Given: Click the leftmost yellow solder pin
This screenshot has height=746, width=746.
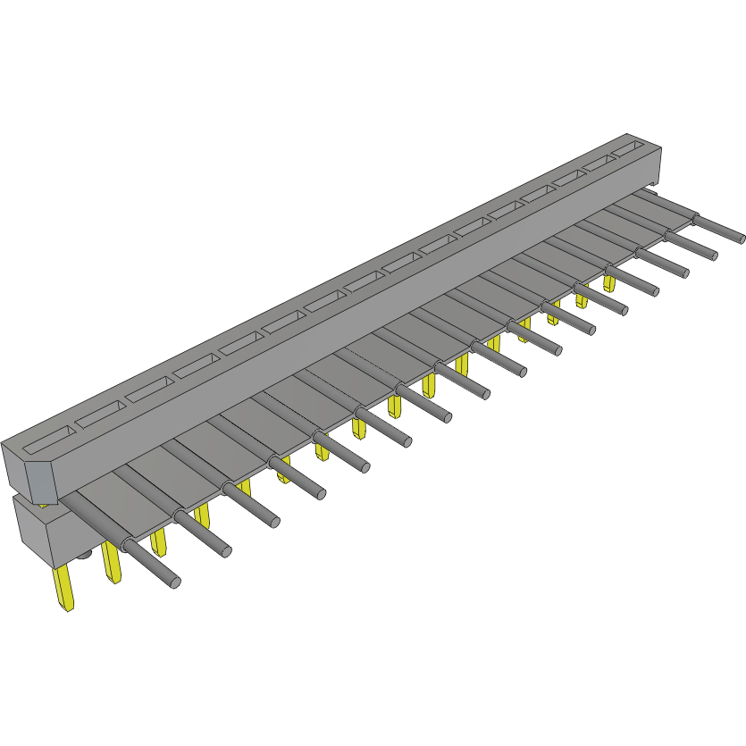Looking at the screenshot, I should point(63,590).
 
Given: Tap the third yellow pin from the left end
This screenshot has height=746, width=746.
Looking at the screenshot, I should point(159,541).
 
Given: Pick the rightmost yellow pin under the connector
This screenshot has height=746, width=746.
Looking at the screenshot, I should point(608,283).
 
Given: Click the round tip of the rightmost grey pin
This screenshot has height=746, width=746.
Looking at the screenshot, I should point(741,239).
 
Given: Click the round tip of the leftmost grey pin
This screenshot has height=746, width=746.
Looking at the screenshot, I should point(174,583).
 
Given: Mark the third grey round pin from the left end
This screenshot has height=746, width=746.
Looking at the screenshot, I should point(274,522).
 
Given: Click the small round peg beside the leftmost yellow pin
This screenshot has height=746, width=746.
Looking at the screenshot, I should point(84,557).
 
